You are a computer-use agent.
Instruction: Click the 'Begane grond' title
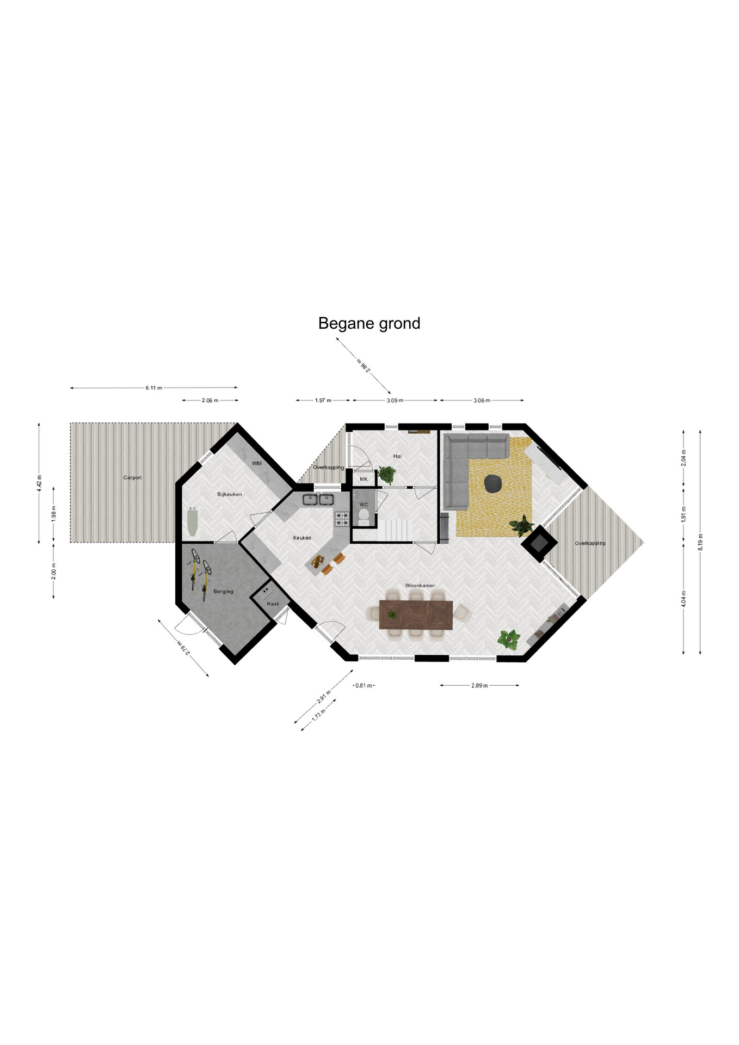pos(369,323)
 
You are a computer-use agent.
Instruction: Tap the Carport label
pos(132,477)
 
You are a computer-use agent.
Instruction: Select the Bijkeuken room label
pos(230,494)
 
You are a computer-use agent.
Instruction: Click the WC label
pos(364,505)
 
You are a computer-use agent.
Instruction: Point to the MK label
pos(364,479)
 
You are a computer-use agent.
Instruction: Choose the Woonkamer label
pos(420,586)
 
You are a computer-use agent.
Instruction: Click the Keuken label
pos(302,538)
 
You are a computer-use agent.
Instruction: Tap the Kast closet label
pos(273,604)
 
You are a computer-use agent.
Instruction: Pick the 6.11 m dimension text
pos(154,388)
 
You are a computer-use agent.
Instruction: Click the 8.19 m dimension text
pos(700,542)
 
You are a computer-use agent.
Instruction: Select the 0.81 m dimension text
pos(364,685)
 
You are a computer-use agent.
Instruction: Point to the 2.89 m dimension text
pos(479,685)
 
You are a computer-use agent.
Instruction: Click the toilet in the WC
pos(364,517)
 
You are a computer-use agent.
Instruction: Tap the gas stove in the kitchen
pos(342,519)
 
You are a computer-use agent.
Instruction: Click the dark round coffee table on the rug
pos(493,483)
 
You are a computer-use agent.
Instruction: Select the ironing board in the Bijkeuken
pos(193,521)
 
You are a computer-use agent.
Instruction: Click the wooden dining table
pos(416,614)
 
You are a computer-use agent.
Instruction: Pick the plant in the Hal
pos(387,475)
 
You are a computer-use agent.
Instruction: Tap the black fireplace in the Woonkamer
pos(539,542)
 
